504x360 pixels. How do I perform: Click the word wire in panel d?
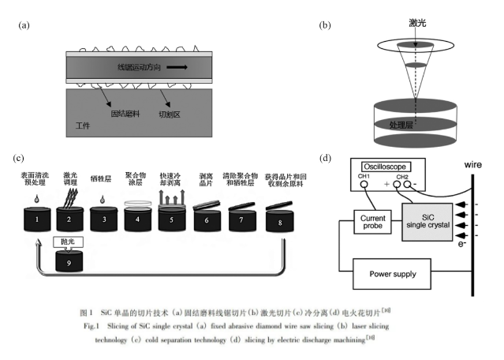[472, 167]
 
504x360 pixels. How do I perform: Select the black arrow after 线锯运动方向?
[177, 67]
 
